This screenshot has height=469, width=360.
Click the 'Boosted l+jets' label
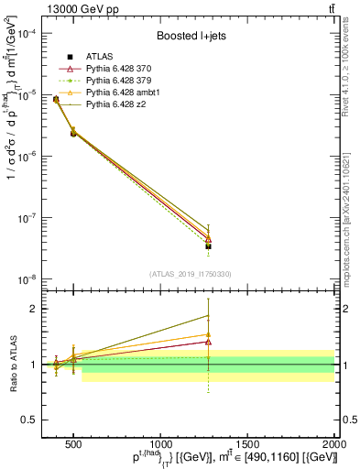pyautogui.click(x=191, y=37)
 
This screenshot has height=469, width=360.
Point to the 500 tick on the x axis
pyautogui.click(x=73, y=442)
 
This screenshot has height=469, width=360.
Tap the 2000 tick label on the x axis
pyautogui.click(x=334, y=442)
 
